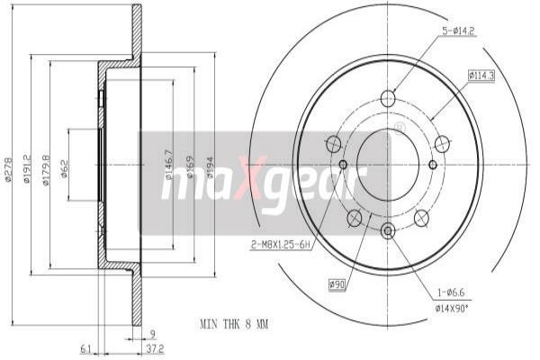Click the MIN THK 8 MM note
(235, 321)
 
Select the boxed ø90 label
(337, 284)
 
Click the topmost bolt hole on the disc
(388, 99)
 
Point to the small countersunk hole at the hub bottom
(388, 231)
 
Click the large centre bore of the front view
(388, 165)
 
